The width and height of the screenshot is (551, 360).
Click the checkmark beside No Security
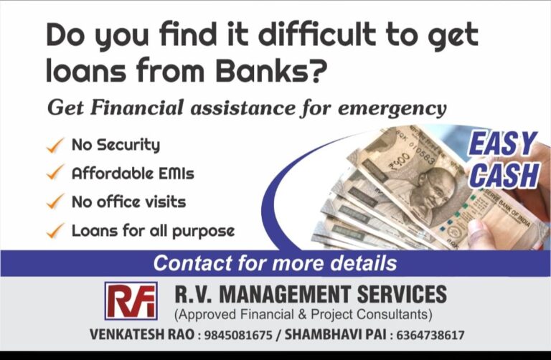(55, 146)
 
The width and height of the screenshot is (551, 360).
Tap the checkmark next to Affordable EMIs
(55, 174)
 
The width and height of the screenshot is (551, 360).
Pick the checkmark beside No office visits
(55, 202)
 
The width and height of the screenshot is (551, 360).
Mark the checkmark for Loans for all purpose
(55, 231)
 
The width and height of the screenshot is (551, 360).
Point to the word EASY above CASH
(501, 144)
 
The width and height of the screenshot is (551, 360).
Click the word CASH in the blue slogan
(501, 174)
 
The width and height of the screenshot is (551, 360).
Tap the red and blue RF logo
(131, 300)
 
